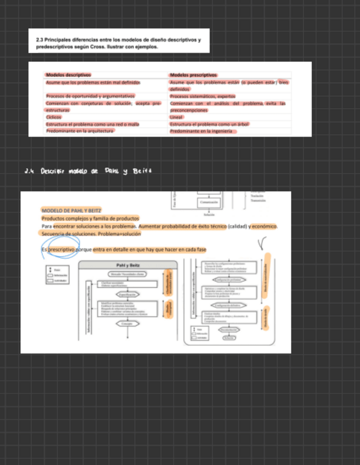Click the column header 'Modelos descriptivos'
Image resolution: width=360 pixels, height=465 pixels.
click(69, 75)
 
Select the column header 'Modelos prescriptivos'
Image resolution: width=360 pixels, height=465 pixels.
click(194, 75)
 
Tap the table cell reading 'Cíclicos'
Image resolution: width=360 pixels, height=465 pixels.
click(54, 117)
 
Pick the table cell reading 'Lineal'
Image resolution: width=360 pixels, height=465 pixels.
click(176, 117)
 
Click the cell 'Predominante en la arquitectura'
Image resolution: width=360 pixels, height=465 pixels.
click(80, 131)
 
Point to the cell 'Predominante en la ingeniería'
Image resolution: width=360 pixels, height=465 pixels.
click(203, 131)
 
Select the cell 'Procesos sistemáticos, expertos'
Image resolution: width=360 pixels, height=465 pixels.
click(203, 96)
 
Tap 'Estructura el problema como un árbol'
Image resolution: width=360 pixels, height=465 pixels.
click(210, 124)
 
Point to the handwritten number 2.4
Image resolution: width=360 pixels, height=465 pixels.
click(30, 171)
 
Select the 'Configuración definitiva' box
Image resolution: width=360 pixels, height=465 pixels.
click(226, 304)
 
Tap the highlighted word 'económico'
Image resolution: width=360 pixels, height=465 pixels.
click(265, 226)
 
